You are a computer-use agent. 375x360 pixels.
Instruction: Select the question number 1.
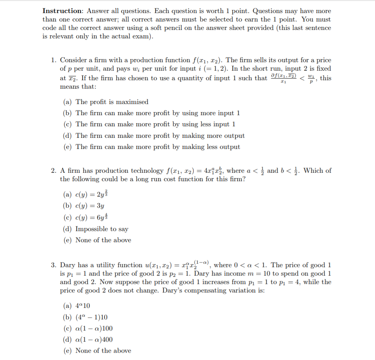click(54, 60)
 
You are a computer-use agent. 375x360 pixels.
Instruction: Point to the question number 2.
click(54, 171)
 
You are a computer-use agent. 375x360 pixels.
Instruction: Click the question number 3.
click(54, 265)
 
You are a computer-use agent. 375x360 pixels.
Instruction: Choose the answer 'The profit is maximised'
click(112, 102)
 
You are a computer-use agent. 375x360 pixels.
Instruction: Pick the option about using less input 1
click(155, 124)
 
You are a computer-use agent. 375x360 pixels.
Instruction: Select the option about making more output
click(160, 136)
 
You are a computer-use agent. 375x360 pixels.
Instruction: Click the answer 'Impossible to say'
click(102, 229)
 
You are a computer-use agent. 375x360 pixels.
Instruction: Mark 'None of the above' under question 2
click(103, 240)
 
